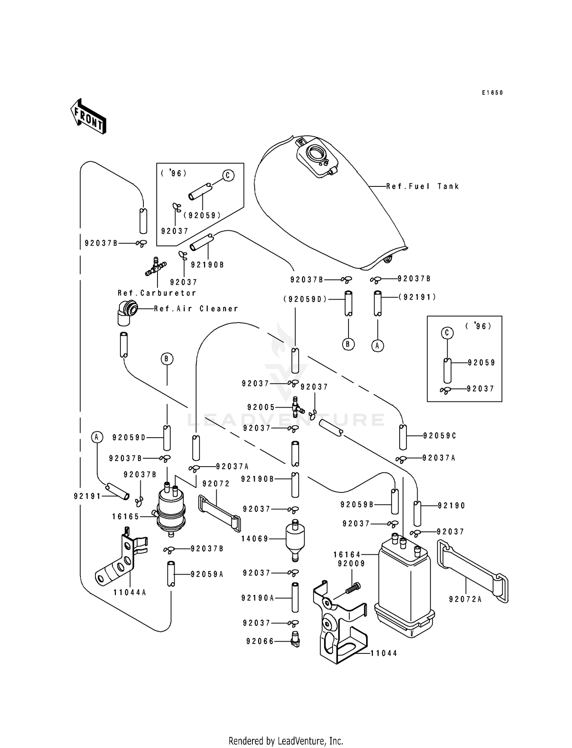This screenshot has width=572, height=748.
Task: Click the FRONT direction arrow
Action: click(x=88, y=116)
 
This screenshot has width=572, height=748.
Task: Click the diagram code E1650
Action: click(x=492, y=93)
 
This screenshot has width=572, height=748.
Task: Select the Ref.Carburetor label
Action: click(x=157, y=293)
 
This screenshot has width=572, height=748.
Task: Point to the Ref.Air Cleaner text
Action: click(x=196, y=308)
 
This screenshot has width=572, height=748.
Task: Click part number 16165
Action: click(x=125, y=517)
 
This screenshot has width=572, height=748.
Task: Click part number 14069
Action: click(x=255, y=539)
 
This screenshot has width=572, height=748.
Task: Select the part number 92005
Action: click(x=261, y=407)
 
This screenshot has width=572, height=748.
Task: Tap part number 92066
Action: click(x=260, y=641)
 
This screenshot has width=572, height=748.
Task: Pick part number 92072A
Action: click(x=465, y=599)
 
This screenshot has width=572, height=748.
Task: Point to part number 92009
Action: click(x=351, y=563)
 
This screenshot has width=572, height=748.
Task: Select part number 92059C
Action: click(x=440, y=436)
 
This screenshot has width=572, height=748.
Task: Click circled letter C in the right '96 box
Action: click(x=447, y=333)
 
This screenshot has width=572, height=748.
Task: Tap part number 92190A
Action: click(x=258, y=598)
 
